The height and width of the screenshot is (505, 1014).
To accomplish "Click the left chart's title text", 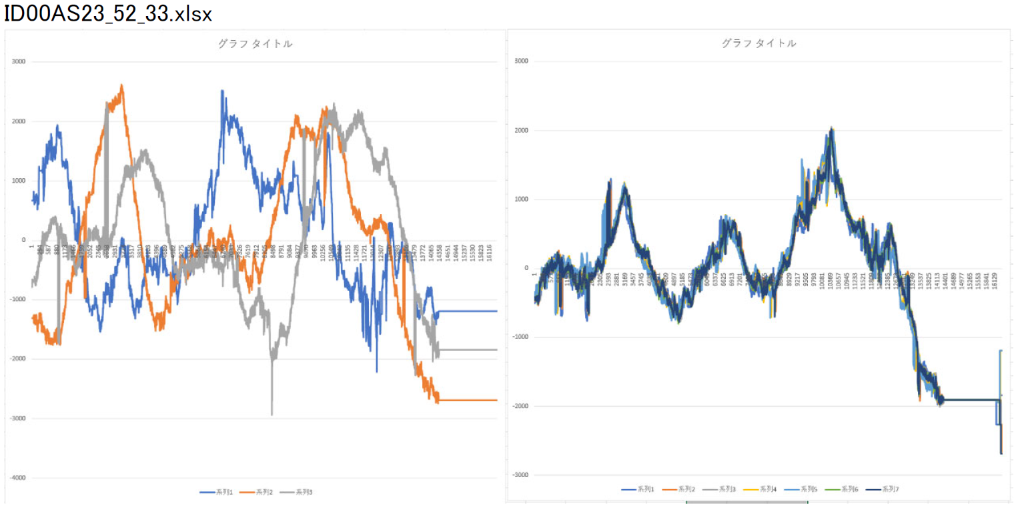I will [x=255, y=44].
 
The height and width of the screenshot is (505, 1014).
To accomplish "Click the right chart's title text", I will [x=758, y=43].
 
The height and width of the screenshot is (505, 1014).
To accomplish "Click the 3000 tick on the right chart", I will [x=521, y=61].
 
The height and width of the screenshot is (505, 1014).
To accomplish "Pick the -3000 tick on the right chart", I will [x=520, y=475].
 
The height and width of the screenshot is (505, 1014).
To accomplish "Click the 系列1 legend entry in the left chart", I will [x=217, y=492].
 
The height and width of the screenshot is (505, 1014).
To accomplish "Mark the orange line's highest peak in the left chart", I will [x=121, y=85].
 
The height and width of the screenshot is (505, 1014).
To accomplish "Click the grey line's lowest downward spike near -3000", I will [x=272, y=414].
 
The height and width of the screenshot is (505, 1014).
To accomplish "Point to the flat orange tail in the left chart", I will [x=467, y=400].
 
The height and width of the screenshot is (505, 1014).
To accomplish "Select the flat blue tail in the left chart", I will [x=467, y=312].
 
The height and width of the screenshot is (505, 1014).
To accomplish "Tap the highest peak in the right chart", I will [x=831, y=128].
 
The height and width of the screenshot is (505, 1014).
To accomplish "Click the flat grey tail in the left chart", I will [x=467, y=350].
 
